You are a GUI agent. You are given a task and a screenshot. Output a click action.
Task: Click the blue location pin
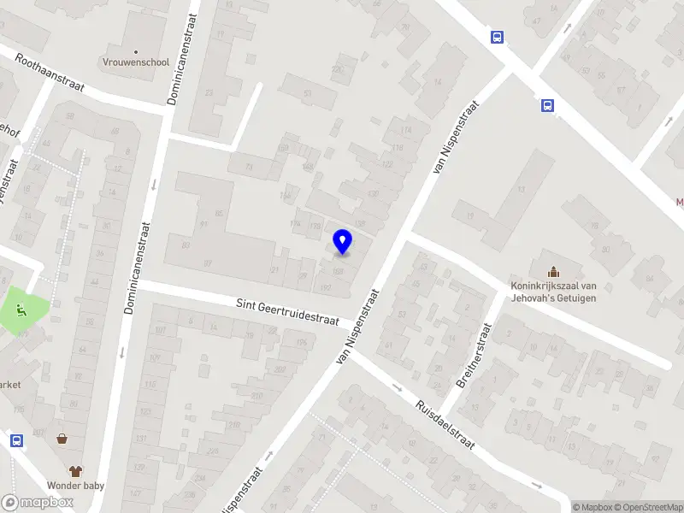pos(342,241)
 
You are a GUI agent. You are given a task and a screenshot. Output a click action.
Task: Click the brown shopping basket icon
pos(62,439)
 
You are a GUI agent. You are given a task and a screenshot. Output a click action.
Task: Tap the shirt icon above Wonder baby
pos(75,471)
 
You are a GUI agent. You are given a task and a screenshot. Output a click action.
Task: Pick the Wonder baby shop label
pos(75,486)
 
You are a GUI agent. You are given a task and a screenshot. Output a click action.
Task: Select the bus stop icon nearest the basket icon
pos(16,440)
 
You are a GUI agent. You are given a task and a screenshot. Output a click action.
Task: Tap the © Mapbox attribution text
pos(594,507)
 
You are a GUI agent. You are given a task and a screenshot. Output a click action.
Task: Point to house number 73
pos(250,167)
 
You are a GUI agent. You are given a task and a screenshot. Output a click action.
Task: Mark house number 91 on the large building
pos(203,224)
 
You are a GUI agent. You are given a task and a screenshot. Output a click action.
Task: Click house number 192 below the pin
pos(325,289)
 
